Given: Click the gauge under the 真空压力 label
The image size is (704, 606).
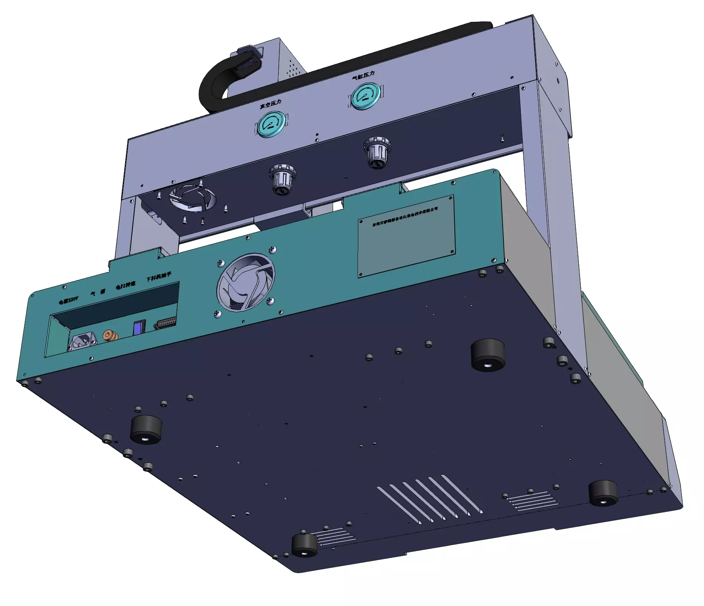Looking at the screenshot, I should point(271,124).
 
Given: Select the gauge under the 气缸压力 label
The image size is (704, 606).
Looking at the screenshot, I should point(365,96).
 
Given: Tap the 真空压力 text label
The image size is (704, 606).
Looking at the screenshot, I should point(270,104).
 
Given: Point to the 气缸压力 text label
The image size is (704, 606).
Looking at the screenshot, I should point(363,75).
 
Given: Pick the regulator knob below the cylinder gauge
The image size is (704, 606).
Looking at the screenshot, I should point(377,152).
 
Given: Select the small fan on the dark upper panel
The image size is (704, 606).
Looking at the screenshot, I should point(193,198).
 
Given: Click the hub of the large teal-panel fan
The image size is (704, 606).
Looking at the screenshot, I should point(245,283).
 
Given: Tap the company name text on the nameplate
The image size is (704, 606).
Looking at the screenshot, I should point(405,216).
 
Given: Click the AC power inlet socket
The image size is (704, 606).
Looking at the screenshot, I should point(81,342).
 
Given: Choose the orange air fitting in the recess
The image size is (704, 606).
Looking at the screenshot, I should point(110,335).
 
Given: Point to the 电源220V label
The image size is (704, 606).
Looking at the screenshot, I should point(69,300).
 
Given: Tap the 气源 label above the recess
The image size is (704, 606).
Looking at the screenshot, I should point(98,292).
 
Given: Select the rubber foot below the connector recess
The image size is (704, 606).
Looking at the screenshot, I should point(146,429).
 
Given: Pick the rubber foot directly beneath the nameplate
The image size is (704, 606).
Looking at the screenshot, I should point(487,354).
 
